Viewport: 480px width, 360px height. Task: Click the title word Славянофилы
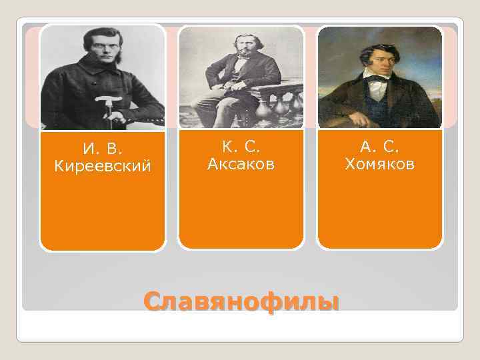click(241, 302)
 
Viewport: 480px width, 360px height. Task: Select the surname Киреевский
click(102, 165)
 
